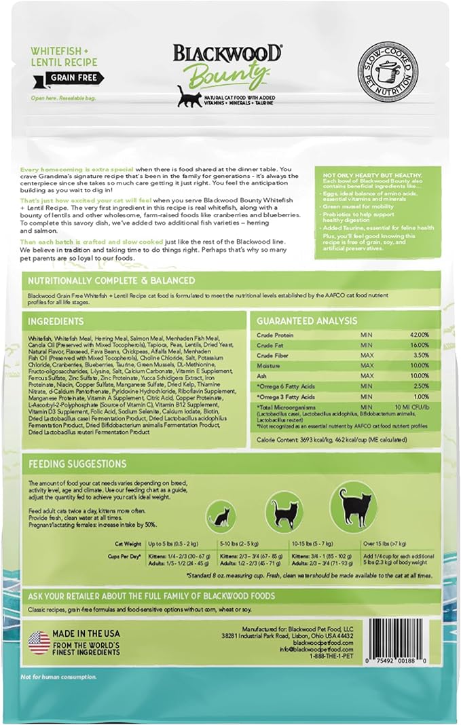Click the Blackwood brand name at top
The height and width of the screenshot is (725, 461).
click(x=227, y=54)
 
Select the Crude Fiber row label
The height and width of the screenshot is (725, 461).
click(x=272, y=355)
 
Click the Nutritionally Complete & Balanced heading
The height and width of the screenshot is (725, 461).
click(x=111, y=280)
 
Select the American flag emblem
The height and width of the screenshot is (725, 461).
click(x=39, y=642)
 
